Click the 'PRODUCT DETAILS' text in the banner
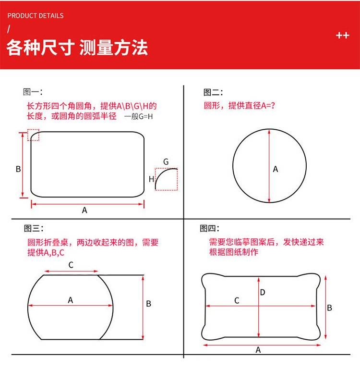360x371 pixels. point(36,15)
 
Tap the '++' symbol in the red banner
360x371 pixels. point(343,36)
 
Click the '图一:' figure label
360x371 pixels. point(33,92)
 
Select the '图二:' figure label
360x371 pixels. point(213,92)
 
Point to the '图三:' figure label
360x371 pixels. point(34,228)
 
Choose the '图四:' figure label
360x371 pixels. point(209,228)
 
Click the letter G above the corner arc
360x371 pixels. point(166,162)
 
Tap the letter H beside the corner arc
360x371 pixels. point(151,179)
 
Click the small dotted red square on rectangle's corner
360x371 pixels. point(33,135)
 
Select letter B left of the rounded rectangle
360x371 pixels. point(18,169)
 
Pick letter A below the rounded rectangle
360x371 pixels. point(84,210)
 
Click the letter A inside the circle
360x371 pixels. point(276,169)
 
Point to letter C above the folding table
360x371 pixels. point(71,265)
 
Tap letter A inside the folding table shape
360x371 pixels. point(70,300)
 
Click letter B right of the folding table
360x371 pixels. point(148,304)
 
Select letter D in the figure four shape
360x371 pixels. point(263,293)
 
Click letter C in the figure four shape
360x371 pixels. point(237,300)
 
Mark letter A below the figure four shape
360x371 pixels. point(258,350)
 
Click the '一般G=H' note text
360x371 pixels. point(139,116)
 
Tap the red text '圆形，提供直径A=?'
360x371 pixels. point(240,105)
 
